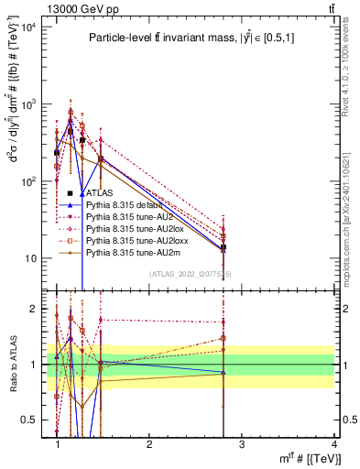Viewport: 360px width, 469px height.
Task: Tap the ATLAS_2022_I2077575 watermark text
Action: tap(191, 274)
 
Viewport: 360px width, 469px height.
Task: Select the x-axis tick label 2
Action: tap(149, 444)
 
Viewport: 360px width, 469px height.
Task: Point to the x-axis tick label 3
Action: tap(241, 444)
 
